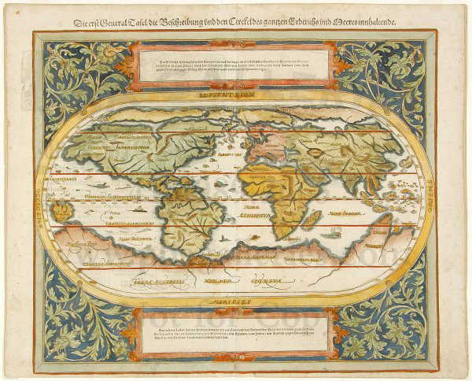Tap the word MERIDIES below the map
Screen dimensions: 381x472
tap(236, 300)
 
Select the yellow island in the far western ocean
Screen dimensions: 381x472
tap(61, 209)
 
